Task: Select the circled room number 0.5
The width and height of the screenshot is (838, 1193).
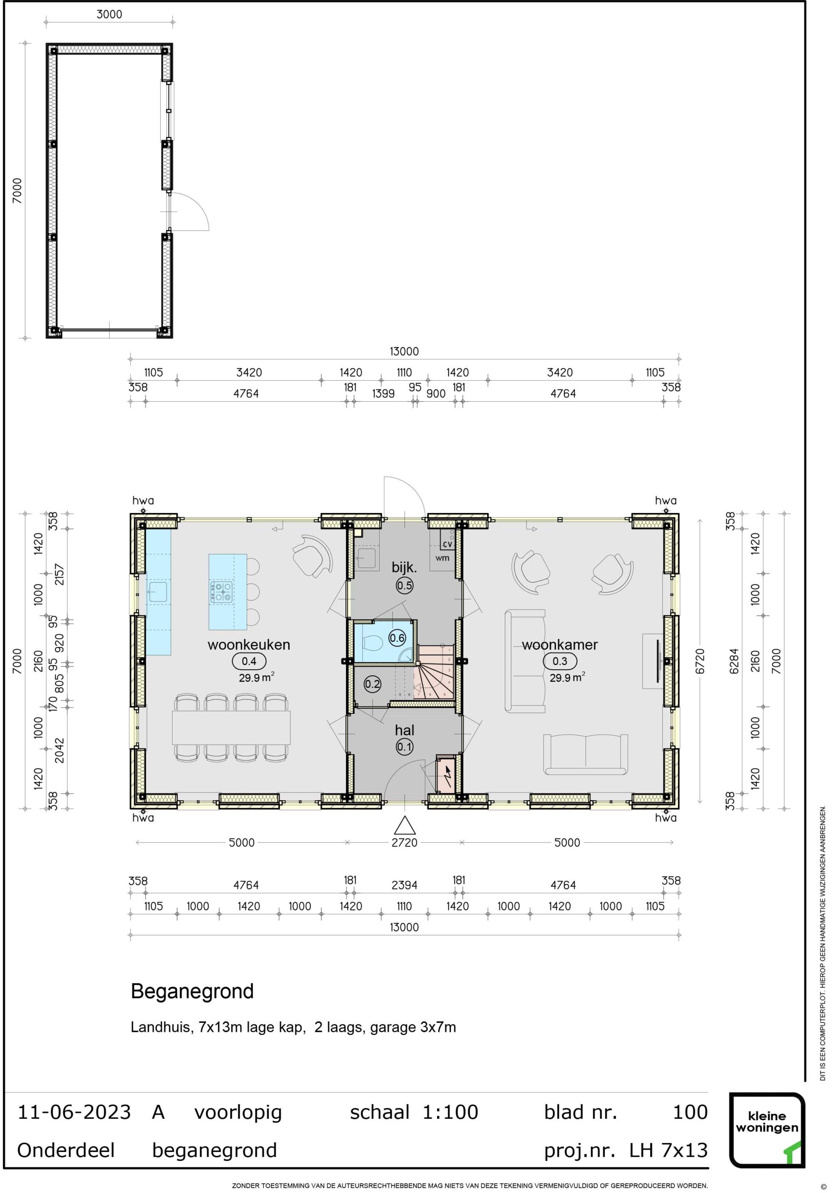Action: coord(404,586)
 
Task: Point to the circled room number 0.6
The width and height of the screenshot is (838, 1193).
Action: coord(397,638)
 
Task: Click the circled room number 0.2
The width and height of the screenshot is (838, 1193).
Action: coord(372,684)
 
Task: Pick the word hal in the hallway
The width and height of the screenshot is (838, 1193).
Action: coord(404,730)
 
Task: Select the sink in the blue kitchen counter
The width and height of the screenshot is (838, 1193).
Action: coord(157,592)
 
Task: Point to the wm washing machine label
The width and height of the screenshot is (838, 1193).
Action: coord(443,558)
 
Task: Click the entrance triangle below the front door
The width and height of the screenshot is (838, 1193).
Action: coord(404,826)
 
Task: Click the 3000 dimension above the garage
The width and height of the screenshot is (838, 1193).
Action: coord(109,14)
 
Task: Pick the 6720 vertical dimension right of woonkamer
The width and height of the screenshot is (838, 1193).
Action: coord(700,661)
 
